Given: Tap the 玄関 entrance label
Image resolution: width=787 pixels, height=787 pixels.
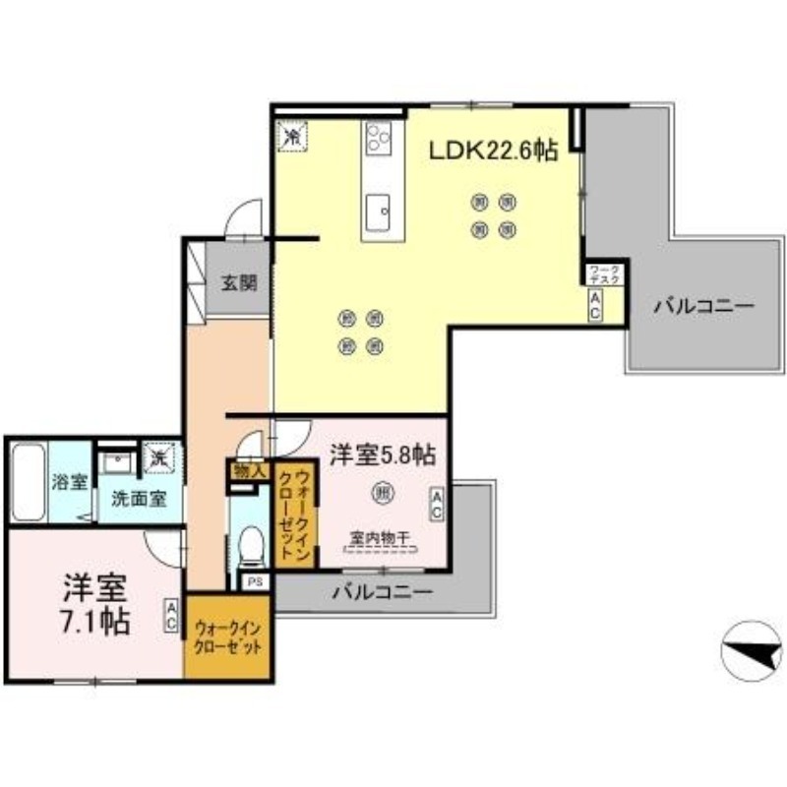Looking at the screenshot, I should pos(238,284).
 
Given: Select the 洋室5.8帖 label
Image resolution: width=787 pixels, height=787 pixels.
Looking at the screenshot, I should pos(384,455).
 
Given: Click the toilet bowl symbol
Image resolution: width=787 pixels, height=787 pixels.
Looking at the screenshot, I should pos(252,543).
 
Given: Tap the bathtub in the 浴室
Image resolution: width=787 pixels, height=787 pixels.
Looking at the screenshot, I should pos(27,482).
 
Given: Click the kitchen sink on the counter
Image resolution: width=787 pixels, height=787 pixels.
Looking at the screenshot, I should pos(379,209).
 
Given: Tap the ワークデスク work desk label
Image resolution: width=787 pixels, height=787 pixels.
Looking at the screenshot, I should pos(602,274).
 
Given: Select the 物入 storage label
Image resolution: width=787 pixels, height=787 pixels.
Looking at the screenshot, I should pos(249,470).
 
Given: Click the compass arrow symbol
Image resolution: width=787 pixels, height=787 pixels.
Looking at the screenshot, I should pos(750,648).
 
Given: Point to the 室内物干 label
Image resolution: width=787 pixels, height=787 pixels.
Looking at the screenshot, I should pos(380,538).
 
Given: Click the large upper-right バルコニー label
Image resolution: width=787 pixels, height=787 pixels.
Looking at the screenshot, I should pos(703,307).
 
